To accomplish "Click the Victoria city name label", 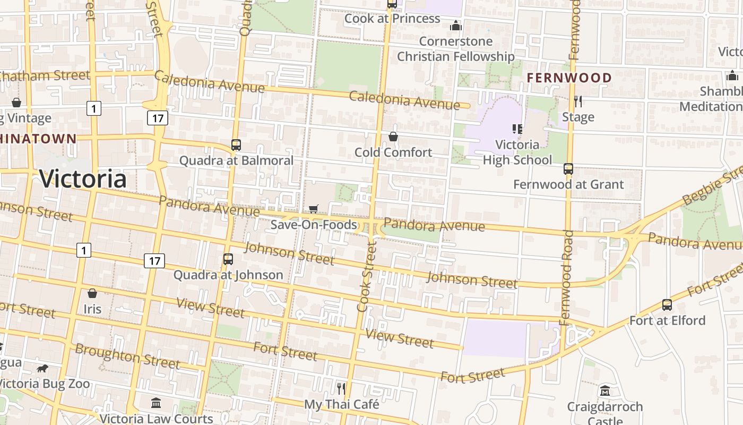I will click(x=83, y=178).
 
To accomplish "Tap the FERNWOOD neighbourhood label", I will click(x=569, y=78).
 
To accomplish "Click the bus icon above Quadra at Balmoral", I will click(x=236, y=144).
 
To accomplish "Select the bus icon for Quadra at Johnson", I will click(x=228, y=259).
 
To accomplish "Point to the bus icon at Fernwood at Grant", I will click(x=568, y=169).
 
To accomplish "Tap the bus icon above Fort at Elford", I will click(x=667, y=305).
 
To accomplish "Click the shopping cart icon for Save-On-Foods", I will click(x=314, y=209).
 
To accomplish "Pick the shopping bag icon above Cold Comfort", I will click(x=393, y=137).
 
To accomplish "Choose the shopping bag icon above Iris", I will click(x=92, y=293).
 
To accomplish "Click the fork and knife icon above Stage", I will click(x=578, y=101).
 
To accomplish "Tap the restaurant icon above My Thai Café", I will click(x=341, y=388).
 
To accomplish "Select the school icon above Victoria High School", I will click(x=517, y=129).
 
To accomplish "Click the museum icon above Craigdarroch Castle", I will click(x=605, y=391).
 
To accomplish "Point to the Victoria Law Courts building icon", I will click(x=156, y=403).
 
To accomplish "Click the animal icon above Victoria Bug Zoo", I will click(x=42, y=368).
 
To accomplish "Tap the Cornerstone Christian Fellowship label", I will click(x=455, y=48).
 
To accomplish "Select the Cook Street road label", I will click(x=366, y=276).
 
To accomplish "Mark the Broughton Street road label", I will click(x=127, y=356).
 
